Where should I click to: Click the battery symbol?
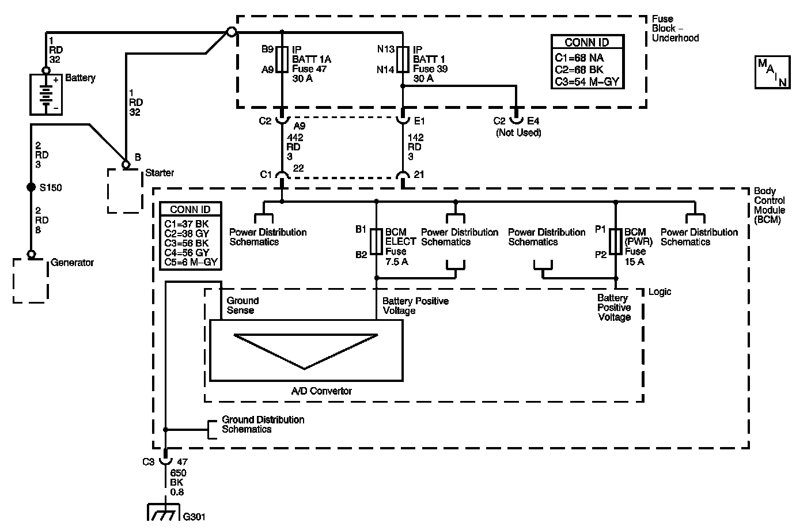pos(46,94)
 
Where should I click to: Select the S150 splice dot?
pos(32,187)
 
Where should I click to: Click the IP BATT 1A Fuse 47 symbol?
pos(282,59)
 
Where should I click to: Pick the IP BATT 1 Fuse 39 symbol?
pos(403,59)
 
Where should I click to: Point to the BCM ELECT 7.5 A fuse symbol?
pos(377,241)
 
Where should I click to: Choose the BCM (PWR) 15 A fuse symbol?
pos(616,241)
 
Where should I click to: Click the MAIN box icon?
pos(772,72)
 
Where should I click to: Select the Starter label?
pos(160,173)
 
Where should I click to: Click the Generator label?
pos(72,263)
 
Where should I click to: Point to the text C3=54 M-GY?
pos(587,82)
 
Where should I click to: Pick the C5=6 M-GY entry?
pos(191,262)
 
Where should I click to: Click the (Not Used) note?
pos(518,133)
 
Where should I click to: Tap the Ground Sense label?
pos(242,305)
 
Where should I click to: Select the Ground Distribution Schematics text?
pos(263,425)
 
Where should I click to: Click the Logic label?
pos(660,292)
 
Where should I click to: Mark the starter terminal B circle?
pos(126,165)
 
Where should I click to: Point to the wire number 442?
pos(295,138)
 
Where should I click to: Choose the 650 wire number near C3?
pos(178,473)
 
